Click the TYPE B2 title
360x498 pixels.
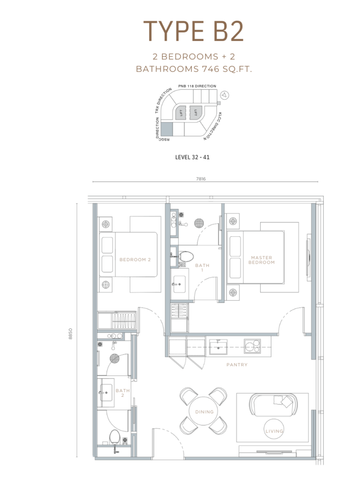193,31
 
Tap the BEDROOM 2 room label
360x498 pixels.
135,260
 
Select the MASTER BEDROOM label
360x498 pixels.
262,260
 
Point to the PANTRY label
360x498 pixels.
237,365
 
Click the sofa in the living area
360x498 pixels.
273,404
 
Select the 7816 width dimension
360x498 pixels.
201,179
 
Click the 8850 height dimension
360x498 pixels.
70,334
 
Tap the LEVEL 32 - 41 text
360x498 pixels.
192,157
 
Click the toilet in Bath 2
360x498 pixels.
114,437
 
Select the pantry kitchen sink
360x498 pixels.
218,346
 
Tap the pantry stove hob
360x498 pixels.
252,346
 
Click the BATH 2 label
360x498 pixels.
123,393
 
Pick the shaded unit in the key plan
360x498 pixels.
167,128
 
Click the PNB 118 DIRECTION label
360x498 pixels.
197,86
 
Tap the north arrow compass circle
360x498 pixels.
225,95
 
